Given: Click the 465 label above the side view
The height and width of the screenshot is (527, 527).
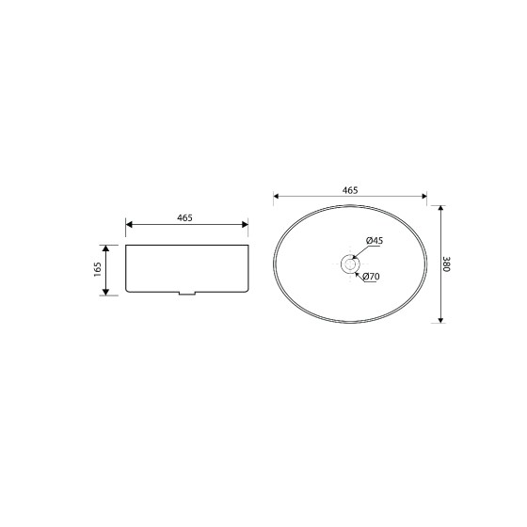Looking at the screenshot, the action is coord(184,217).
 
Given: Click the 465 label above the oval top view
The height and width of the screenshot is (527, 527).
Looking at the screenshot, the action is coord(350,190).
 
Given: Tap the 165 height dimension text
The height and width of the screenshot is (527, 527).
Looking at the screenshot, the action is coord(98,269).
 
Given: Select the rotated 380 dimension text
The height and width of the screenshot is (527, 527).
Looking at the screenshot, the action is coord(447,264).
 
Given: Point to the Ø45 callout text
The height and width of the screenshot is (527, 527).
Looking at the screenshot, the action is coord(375,241).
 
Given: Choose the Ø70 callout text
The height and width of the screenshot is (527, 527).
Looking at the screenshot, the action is coord(372,277).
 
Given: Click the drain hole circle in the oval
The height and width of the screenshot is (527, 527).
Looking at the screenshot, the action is coord(350,263).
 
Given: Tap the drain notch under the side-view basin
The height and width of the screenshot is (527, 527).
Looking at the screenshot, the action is coord(187,294).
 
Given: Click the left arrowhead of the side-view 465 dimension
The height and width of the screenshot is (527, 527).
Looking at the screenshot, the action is coord(129,225).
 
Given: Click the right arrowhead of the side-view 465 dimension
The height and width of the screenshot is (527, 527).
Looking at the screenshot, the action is coord(245,225).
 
